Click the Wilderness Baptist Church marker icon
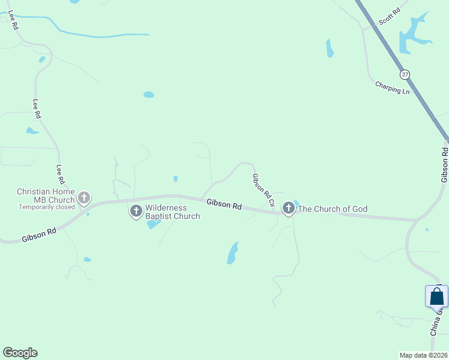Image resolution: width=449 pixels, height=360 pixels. point(136,211)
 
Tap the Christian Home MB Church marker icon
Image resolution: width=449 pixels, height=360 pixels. point(84,197)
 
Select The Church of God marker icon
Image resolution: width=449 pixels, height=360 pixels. point(289,208)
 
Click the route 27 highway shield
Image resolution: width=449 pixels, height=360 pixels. point(405,74)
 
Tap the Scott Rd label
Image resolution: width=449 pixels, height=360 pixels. point(389,17)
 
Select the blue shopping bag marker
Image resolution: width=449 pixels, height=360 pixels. point(436,297)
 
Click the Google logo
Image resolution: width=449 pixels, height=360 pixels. point(20,353)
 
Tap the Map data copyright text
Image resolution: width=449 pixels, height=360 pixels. point(424,355)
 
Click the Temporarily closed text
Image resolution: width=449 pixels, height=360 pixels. point(47,207)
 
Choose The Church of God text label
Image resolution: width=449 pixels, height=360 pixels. point(333,209)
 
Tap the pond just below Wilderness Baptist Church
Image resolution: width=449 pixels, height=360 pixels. point(154,224)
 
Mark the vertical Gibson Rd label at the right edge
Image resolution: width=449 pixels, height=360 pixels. point(444,165)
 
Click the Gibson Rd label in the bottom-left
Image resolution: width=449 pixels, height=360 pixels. point(38,235)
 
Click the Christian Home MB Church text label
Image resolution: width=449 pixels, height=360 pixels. point(45,196)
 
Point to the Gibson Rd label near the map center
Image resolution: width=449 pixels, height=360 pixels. point(224,205)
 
